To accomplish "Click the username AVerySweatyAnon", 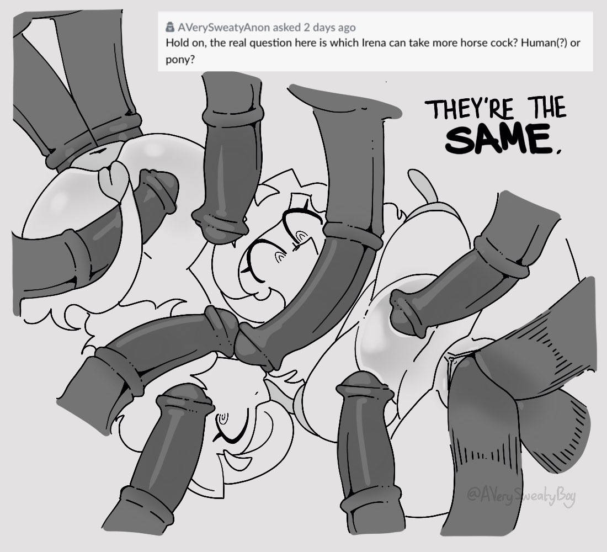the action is click(x=223, y=28).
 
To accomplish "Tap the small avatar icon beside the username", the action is click(x=170, y=27).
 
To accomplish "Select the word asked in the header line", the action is click(x=286, y=28).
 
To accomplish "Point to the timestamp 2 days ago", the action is click(x=329, y=28).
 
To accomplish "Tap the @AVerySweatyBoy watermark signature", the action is click(x=521, y=496).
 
